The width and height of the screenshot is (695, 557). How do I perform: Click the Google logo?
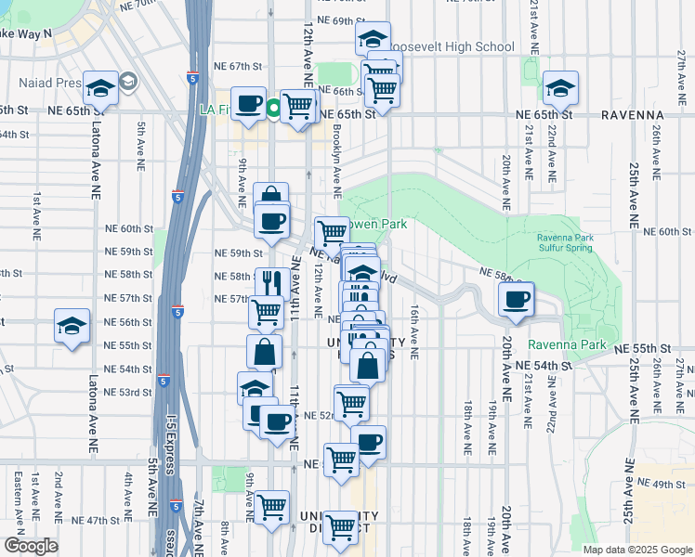click(x=31, y=546)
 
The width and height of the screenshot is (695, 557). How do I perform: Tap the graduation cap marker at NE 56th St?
click(x=72, y=326)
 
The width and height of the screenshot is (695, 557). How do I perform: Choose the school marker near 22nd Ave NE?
click(x=560, y=88)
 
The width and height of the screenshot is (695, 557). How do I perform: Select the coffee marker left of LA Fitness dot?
click(x=248, y=103)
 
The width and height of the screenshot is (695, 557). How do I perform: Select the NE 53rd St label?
click(x=128, y=392)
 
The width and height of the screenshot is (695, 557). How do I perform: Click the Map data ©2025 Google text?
click(x=636, y=550)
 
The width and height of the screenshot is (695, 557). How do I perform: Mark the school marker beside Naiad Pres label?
click(x=99, y=88)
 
